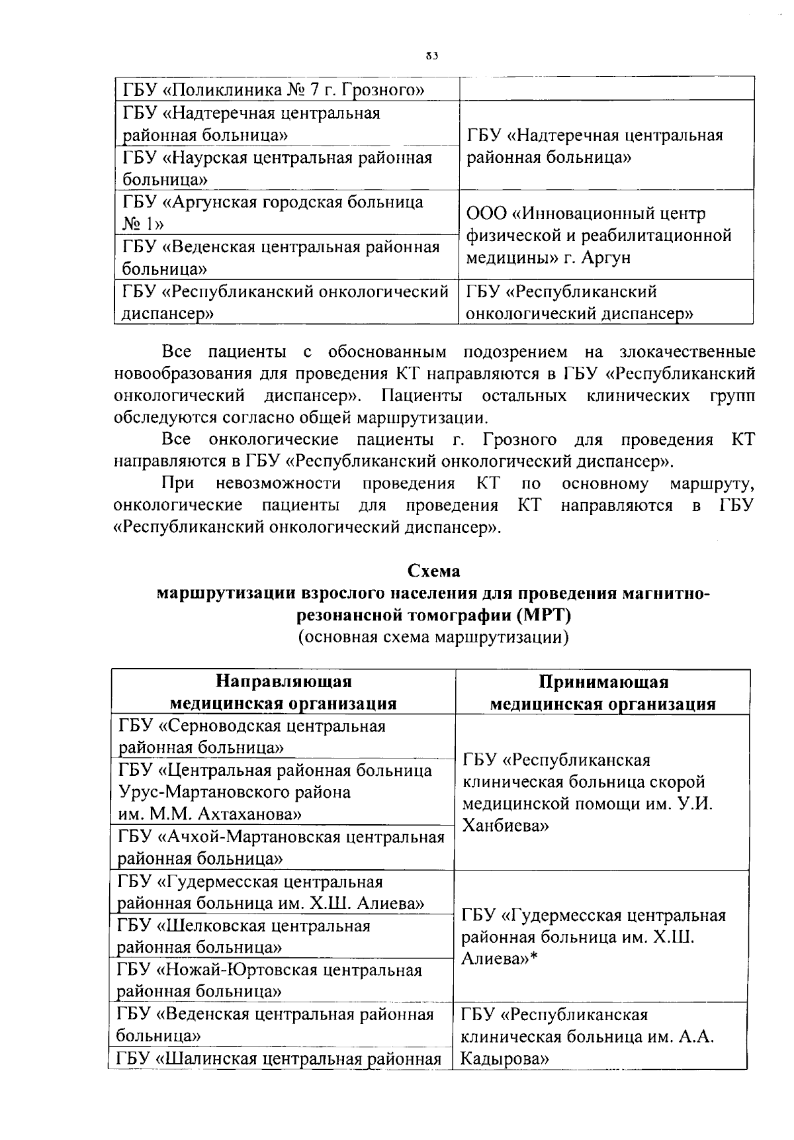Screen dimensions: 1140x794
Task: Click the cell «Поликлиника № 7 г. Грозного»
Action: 273,89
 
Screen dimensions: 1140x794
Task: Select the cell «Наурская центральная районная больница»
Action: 277,168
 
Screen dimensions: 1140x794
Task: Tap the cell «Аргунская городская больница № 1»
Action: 273,213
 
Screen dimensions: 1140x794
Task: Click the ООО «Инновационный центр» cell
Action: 599,235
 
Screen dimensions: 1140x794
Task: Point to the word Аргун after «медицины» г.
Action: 606,258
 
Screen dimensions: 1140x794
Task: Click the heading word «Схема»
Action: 433,571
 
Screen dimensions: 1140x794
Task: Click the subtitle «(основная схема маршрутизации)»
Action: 433,638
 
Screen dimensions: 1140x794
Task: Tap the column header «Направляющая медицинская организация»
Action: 283,692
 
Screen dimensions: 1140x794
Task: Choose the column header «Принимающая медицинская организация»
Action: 602,692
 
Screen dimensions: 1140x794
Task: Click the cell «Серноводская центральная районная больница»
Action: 251,736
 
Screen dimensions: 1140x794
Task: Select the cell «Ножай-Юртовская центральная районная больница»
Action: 269,980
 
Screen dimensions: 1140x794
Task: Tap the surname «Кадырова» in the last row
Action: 504,1059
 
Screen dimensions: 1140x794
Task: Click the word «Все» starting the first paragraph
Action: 177,351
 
